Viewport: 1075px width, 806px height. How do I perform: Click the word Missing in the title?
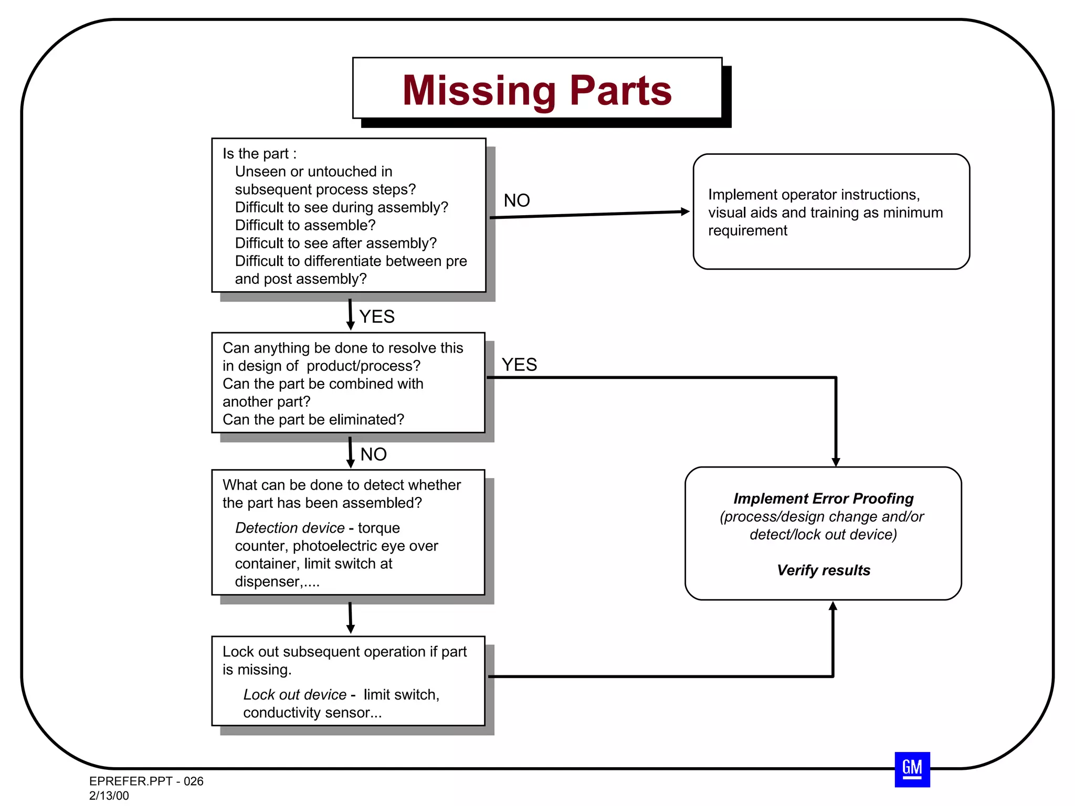click(x=479, y=91)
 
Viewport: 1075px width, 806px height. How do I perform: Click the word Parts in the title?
click(x=620, y=91)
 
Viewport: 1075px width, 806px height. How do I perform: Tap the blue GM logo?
click(x=912, y=769)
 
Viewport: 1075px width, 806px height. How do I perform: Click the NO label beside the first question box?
click(x=517, y=200)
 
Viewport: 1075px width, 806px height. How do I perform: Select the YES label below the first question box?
click(x=377, y=317)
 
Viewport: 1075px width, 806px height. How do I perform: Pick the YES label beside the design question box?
click(x=519, y=365)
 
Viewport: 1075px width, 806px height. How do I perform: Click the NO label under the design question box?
click(x=373, y=454)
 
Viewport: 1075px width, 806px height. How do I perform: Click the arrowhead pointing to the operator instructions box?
click(x=684, y=211)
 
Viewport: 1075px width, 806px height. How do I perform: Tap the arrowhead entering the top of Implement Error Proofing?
click(x=836, y=462)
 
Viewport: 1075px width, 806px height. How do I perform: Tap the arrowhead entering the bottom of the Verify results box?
click(x=832, y=607)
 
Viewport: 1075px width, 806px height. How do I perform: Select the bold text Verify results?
click(x=823, y=570)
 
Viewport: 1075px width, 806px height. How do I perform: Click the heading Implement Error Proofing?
click(x=823, y=499)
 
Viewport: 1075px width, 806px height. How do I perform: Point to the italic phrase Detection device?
click(x=289, y=528)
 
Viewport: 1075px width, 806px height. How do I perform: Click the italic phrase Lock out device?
click(x=294, y=695)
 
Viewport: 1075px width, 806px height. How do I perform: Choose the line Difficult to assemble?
click(x=305, y=226)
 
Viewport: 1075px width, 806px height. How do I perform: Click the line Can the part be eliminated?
click(x=313, y=420)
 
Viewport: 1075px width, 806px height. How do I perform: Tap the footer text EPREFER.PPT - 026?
click(x=146, y=781)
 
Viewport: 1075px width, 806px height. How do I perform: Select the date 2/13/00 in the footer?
click(x=109, y=796)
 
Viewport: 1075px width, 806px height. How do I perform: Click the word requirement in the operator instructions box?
click(x=747, y=231)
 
